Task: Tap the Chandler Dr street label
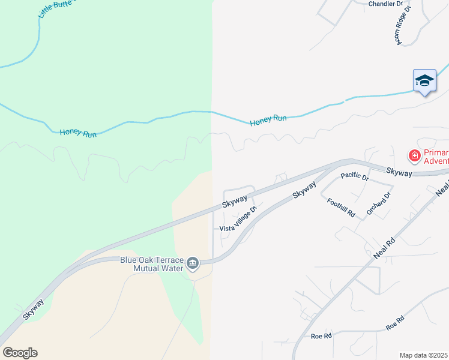(x=385, y=4)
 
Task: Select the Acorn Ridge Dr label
(x=402, y=26)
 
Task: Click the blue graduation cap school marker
(x=424, y=81)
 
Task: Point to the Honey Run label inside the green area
(x=78, y=133)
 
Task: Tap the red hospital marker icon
(x=414, y=156)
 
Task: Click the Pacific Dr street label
(x=354, y=177)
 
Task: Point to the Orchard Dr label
(x=379, y=204)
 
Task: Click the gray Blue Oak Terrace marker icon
(x=193, y=263)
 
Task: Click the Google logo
(x=20, y=353)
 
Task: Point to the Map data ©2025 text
(x=424, y=355)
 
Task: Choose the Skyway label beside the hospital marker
(x=399, y=172)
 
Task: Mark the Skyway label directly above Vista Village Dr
(x=235, y=200)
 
